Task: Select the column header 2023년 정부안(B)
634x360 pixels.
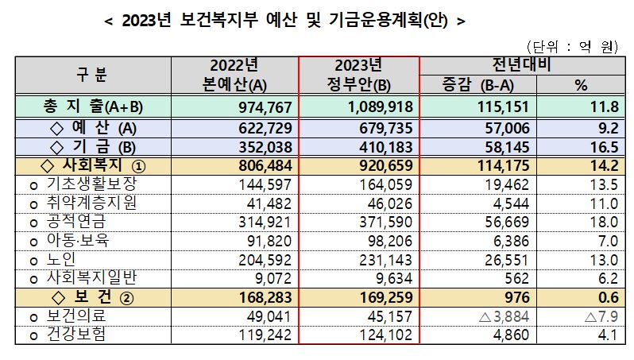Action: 359,73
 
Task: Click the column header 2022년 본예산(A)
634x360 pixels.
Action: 235,73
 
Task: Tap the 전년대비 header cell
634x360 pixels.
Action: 522,64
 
